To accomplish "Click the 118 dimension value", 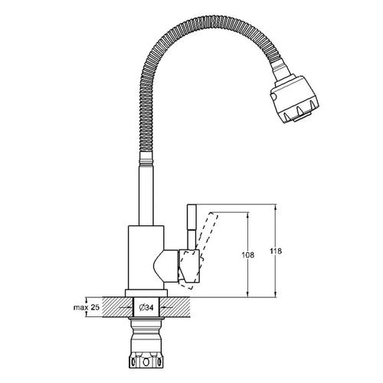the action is click(x=276, y=251).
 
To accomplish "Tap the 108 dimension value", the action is click(x=248, y=255).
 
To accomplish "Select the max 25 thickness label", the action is click(x=87, y=307).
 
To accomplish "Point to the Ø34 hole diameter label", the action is click(x=146, y=308).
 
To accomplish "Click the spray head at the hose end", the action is click(x=295, y=99).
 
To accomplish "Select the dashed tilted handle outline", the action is click(x=198, y=250).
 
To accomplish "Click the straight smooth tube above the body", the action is click(x=146, y=195).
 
